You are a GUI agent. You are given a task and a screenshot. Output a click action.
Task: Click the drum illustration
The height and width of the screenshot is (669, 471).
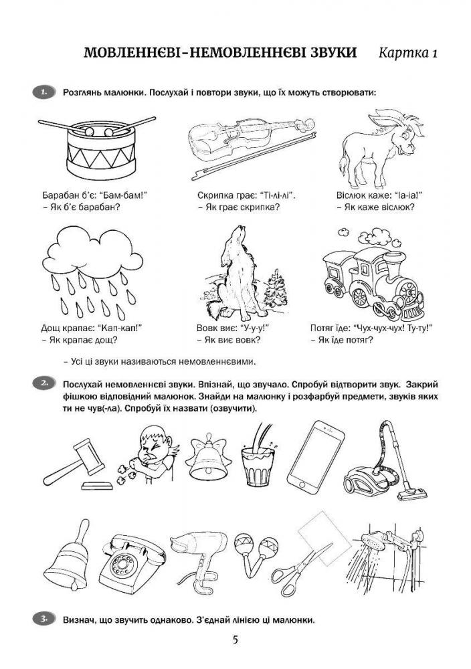point(100,149)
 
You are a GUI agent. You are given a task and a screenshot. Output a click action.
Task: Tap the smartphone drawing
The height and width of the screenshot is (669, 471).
point(315,456)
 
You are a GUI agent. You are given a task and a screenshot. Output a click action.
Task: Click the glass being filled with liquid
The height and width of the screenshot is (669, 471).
point(258,456)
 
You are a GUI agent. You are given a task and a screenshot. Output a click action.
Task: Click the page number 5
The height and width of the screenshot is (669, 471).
point(235,640)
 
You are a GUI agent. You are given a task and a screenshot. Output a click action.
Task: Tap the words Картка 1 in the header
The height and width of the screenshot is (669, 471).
point(408,53)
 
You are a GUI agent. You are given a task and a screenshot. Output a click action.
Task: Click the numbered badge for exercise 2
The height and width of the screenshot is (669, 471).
point(44,383)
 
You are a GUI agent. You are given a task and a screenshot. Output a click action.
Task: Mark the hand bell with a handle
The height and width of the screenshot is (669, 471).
point(68,555)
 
